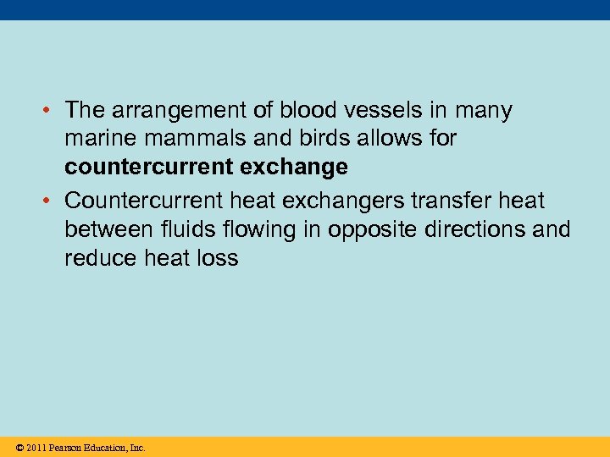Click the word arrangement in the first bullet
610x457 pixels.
tap(173, 111)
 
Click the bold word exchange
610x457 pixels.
tap(296, 168)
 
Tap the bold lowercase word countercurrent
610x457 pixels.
tap(149, 168)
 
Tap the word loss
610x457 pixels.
tap(219, 258)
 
